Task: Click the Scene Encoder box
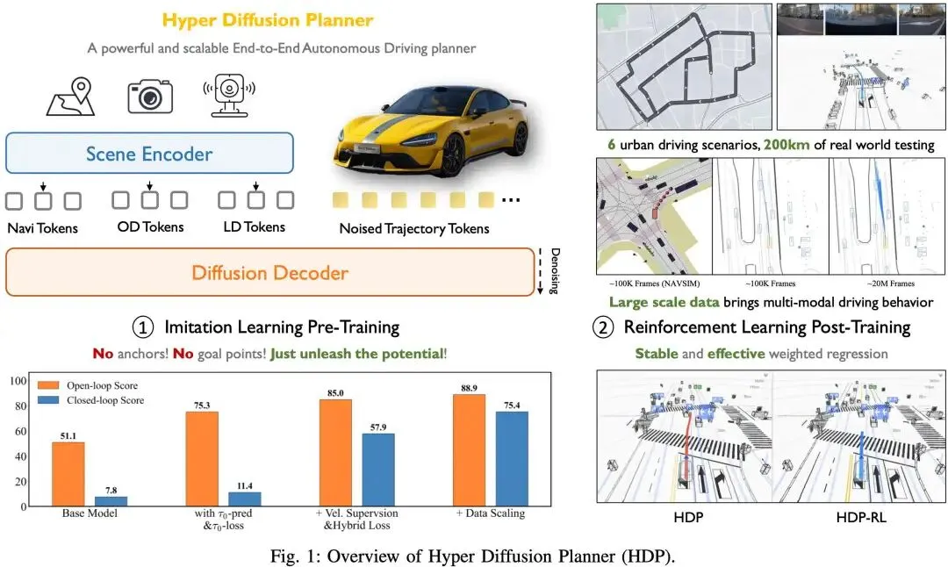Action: click(149, 154)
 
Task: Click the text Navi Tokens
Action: click(43, 227)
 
